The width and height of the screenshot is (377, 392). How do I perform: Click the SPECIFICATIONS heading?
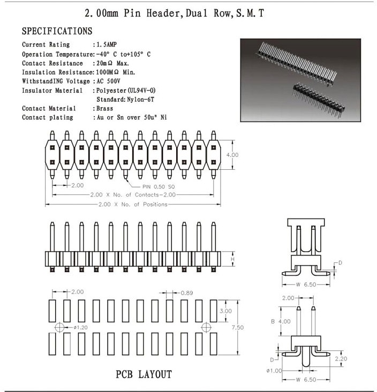pos(57,31)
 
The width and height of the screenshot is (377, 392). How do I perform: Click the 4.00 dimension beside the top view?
pos(233,155)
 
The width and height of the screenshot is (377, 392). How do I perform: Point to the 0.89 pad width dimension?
pos(187,293)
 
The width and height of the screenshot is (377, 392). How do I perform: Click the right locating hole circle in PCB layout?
pos(206,327)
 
